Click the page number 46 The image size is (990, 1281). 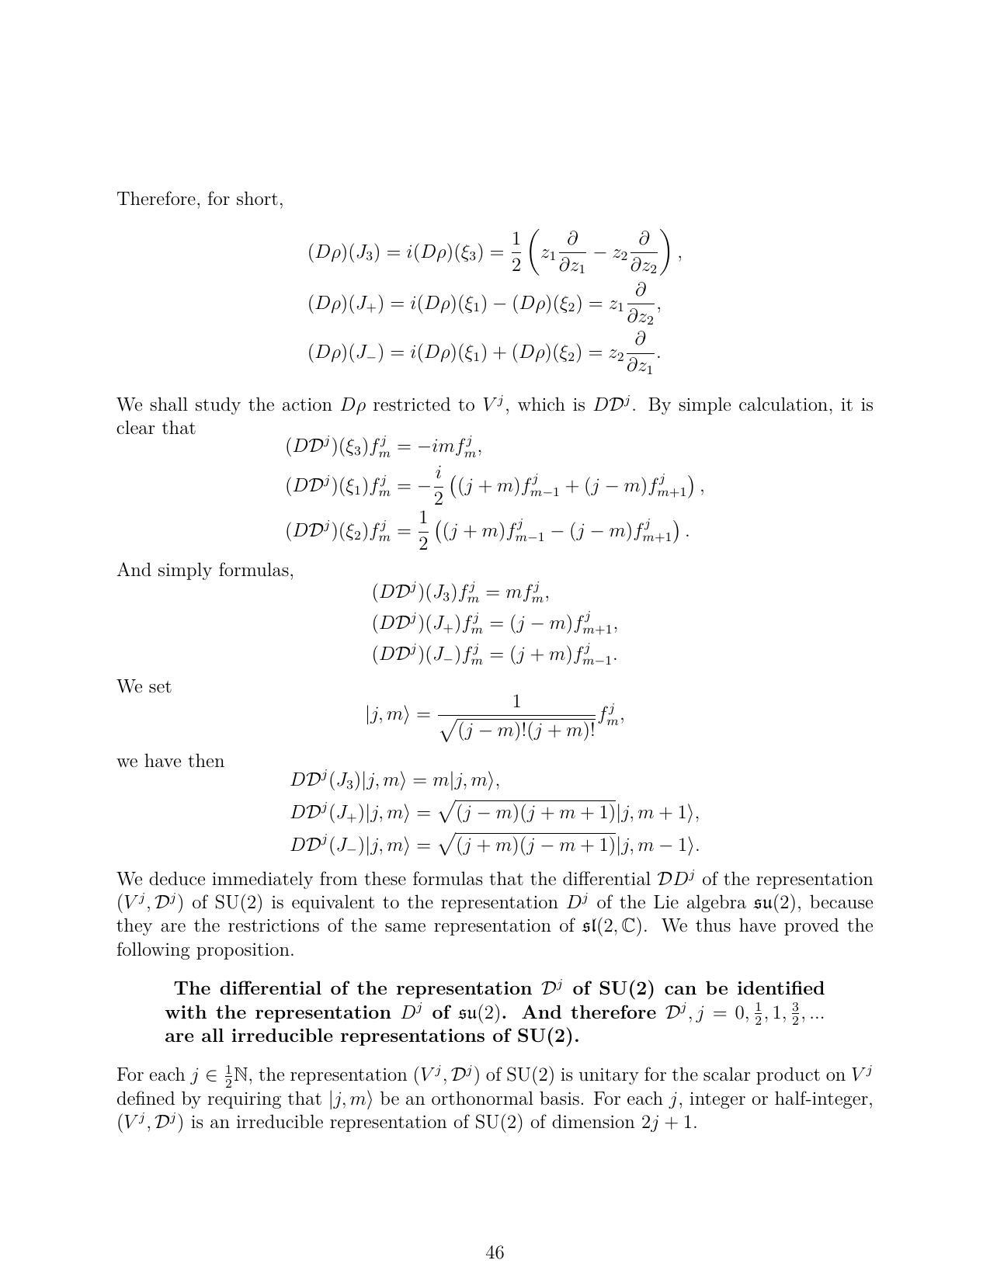tap(495, 1252)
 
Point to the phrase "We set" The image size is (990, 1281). tap(144, 687)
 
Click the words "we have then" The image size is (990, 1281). tap(170, 762)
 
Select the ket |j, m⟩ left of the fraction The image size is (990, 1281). tap(387, 716)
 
